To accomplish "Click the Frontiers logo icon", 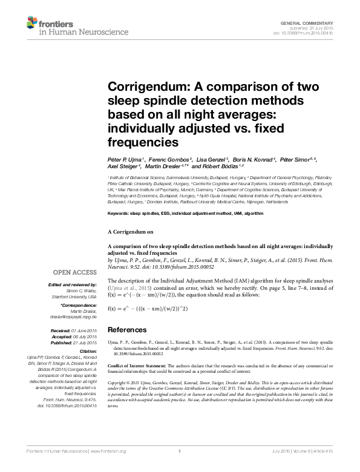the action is [31, 23].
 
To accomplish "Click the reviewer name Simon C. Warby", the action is [81, 291].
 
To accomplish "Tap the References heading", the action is [127, 330].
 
